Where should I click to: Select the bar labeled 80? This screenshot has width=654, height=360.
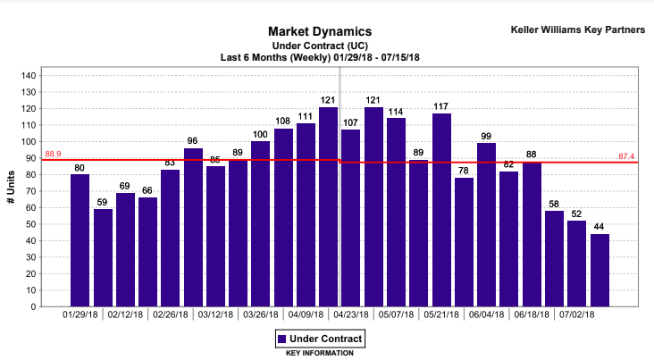[x=80, y=240]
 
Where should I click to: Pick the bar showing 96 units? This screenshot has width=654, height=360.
[x=193, y=227]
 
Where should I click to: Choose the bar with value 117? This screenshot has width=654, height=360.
[x=441, y=210]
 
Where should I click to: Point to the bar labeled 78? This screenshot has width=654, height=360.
[x=464, y=242]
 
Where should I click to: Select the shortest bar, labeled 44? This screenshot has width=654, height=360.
[x=599, y=270]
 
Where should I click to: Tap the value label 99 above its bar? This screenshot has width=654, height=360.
[x=486, y=136]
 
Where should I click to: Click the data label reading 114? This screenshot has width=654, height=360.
[x=396, y=112]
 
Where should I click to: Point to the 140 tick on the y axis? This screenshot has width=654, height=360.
[x=28, y=76]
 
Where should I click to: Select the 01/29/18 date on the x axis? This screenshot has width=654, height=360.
[x=80, y=314]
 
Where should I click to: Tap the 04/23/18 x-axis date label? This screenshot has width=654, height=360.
[x=351, y=314]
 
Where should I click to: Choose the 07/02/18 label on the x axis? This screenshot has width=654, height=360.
[x=576, y=314]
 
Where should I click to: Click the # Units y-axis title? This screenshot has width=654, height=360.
[x=11, y=191]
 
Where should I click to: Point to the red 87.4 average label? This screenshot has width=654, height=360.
[x=626, y=157]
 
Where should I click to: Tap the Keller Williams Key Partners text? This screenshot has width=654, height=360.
[x=577, y=29]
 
